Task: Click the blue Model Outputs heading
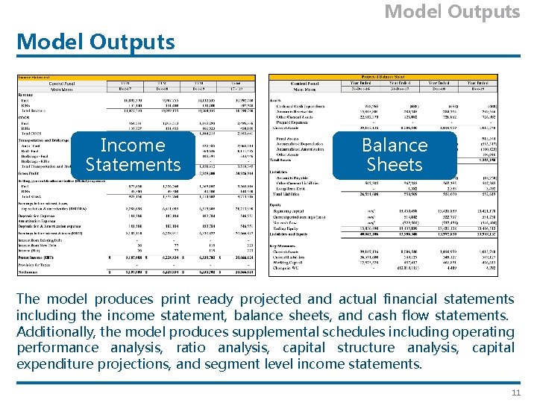pyautogui.click(x=95, y=42)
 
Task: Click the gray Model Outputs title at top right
pyautogui.click(x=452, y=12)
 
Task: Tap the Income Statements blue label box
pyautogui.click(x=133, y=154)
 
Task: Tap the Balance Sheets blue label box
pyautogui.click(x=395, y=154)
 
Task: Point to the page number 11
pyautogui.click(x=515, y=393)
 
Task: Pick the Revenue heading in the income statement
pyautogui.click(x=26, y=95)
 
